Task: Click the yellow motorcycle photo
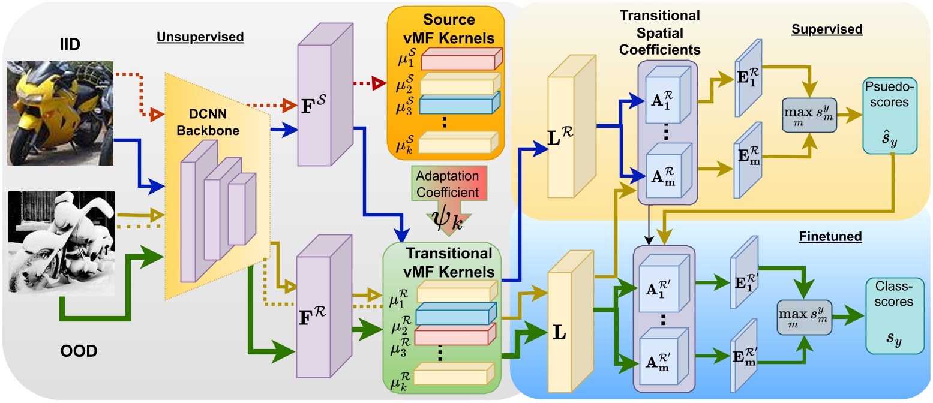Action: pos(60,112)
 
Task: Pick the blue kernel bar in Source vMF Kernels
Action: pos(458,105)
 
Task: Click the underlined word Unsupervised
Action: pos(200,37)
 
